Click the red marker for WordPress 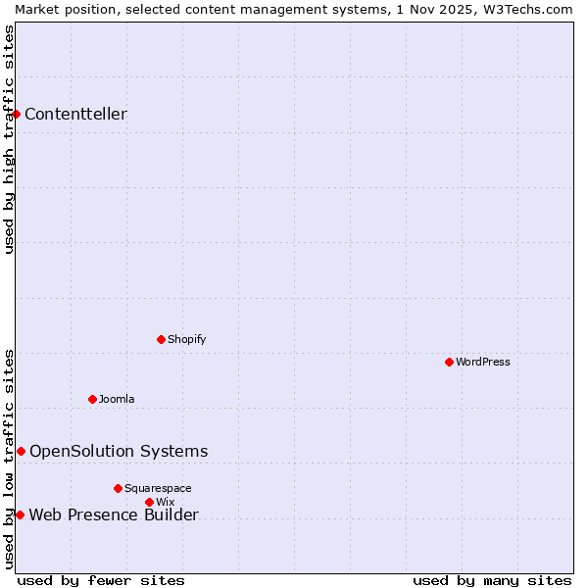[x=449, y=362]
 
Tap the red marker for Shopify [x=161, y=339]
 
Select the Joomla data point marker [x=92, y=399]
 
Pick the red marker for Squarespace [x=118, y=488]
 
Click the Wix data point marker [x=149, y=502]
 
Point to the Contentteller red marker [x=17, y=114]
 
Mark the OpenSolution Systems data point [x=21, y=451]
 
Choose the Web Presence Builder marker [x=20, y=514]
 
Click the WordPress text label [x=483, y=362]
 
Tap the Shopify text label [x=186, y=339]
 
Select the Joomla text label [x=117, y=399]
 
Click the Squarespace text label [x=158, y=488]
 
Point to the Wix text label [x=166, y=502]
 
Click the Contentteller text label [x=75, y=114]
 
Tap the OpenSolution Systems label [x=119, y=451]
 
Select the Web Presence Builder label [x=114, y=515]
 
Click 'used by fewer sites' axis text [x=101, y=580]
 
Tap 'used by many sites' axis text [x=492, y=580]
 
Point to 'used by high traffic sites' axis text [x=10, y=140]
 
